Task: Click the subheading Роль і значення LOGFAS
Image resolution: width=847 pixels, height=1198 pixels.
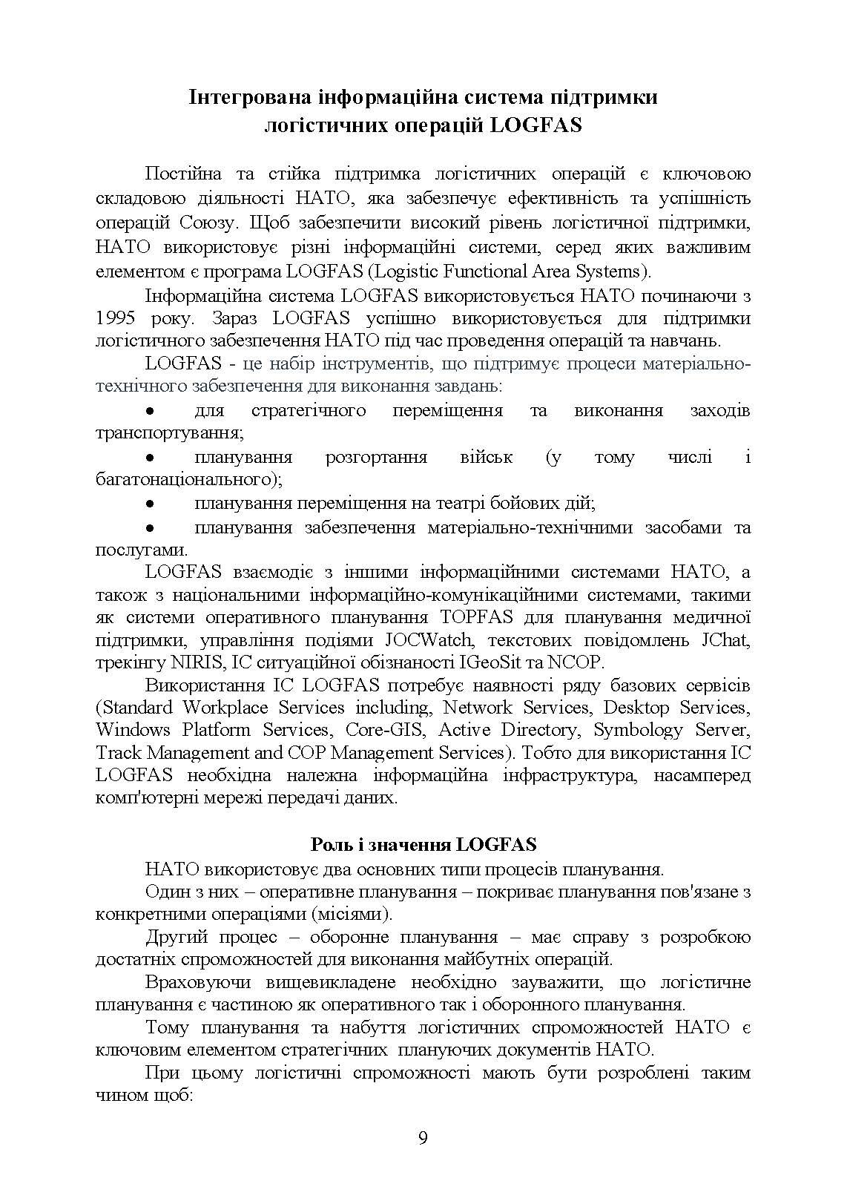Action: click(x=423, y=845)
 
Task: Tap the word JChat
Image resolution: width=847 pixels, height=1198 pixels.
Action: click(x=725, y=639)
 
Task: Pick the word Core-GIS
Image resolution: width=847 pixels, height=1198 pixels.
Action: click(x=385, y=730)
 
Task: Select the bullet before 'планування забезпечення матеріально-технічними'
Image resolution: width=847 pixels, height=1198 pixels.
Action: click(x=151, y=528)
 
